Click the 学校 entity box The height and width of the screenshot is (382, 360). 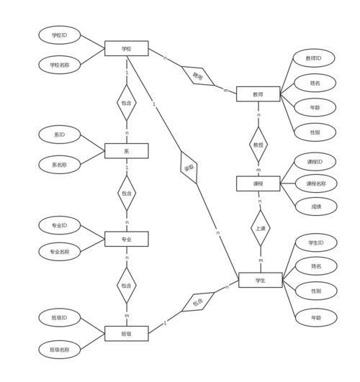pos(126,49)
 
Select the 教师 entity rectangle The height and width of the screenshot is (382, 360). pos(258,94)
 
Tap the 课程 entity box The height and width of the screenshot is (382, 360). pos(258,184)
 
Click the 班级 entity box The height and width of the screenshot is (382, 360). pos(126,333)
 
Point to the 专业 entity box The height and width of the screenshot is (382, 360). pos(126,238)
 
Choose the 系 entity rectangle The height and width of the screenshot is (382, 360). pos(126,151)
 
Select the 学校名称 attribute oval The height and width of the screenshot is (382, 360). pos(65,64)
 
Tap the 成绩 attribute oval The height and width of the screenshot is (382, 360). pos(315,206)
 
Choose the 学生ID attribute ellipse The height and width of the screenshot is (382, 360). pos(315,242)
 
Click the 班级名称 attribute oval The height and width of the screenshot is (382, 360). pos(64,350)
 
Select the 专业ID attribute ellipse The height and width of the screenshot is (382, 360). pos(64,225)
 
